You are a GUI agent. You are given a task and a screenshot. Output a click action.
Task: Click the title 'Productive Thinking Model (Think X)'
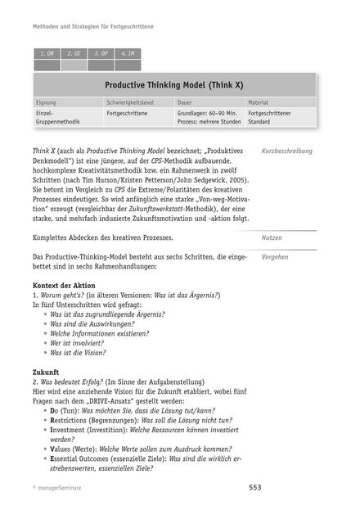coord(174,84)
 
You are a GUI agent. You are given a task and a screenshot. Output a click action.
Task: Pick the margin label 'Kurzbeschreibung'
coord(286,151)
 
